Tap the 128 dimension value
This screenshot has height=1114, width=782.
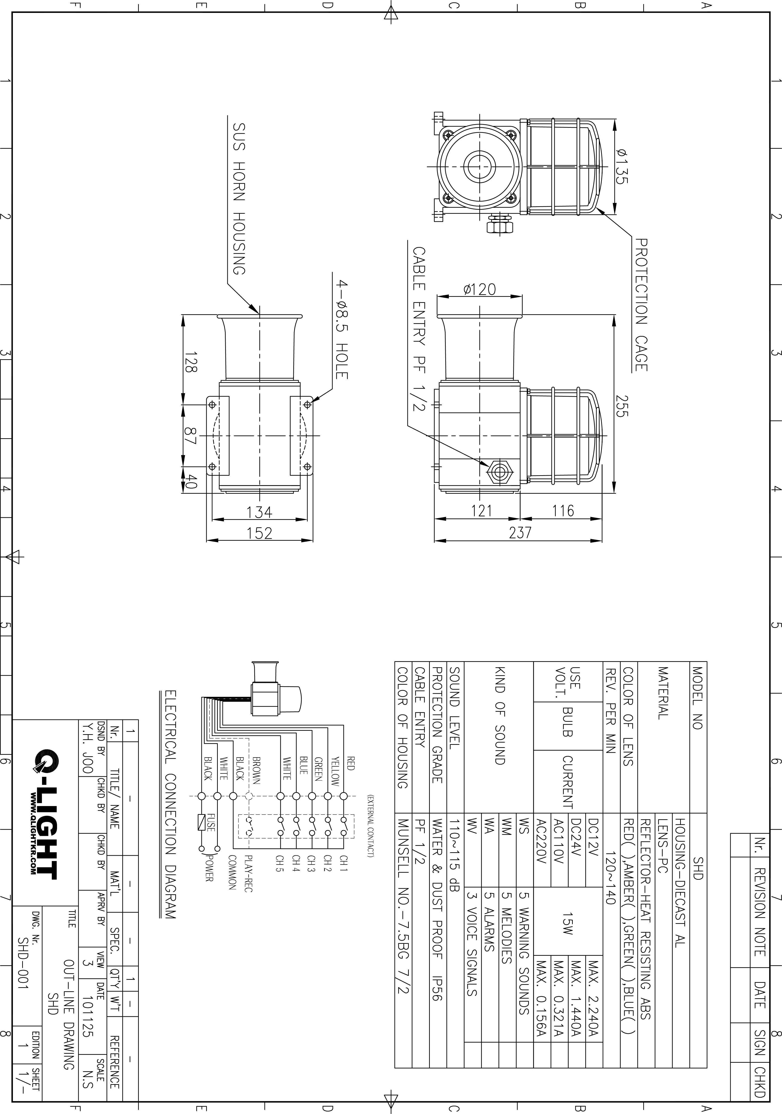click(191, 362)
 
